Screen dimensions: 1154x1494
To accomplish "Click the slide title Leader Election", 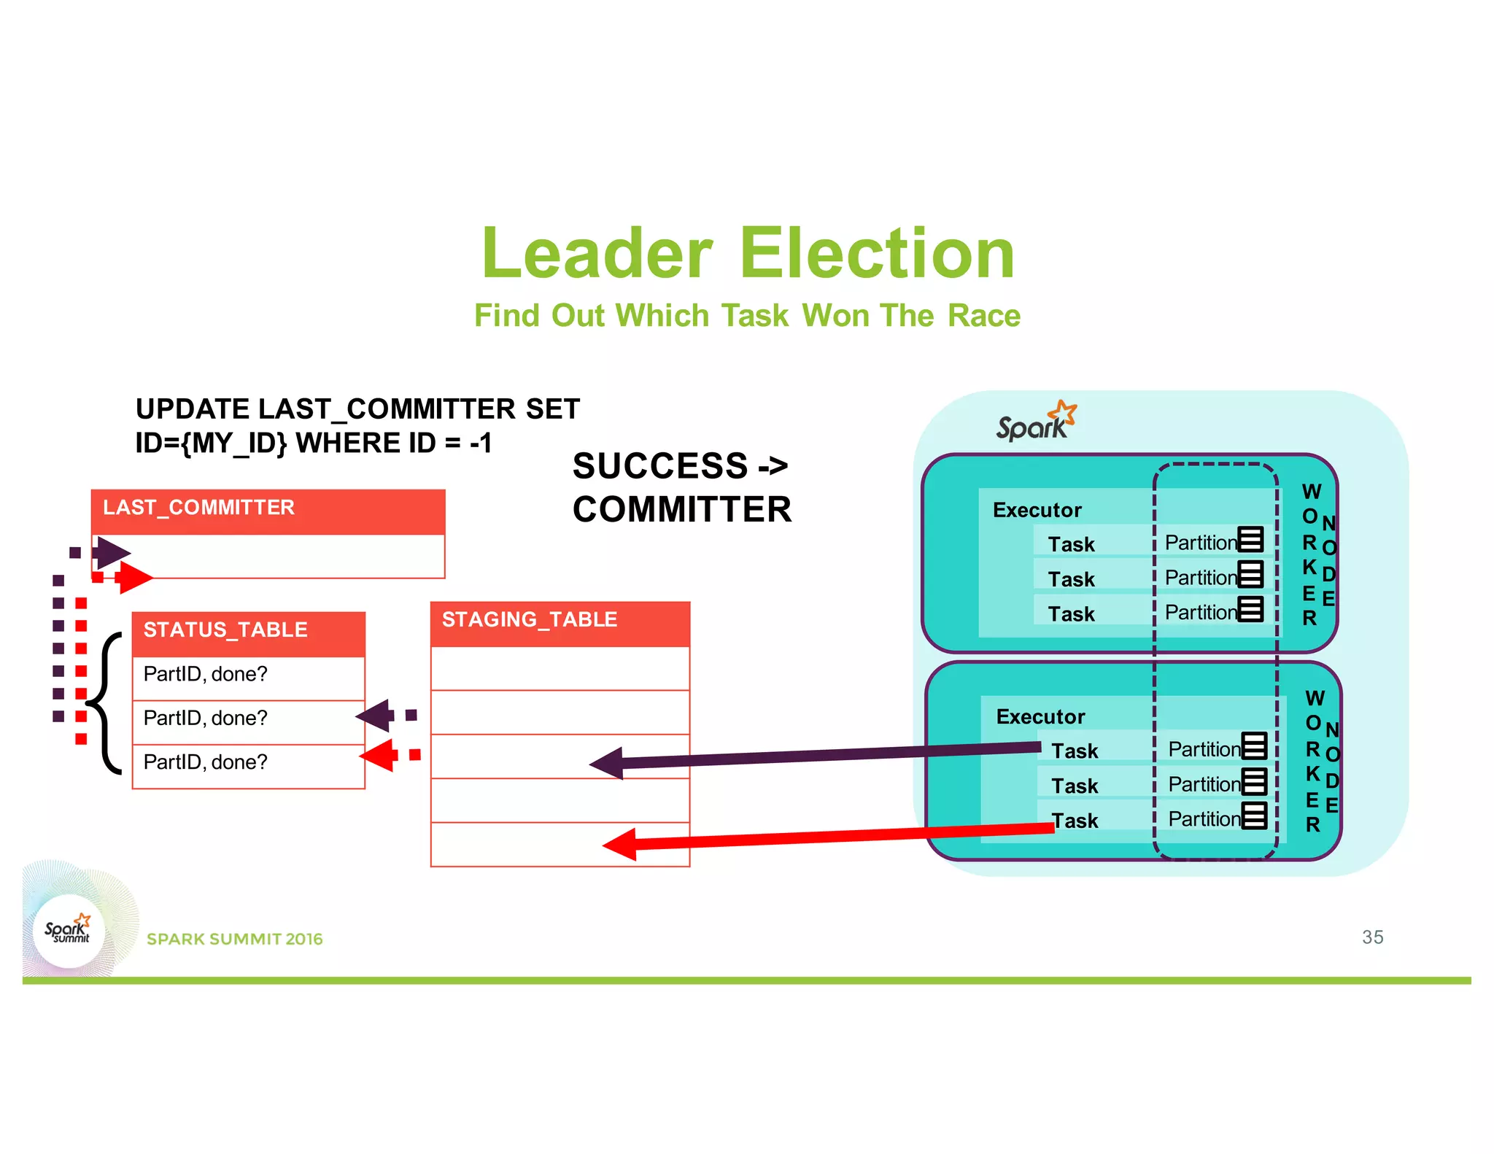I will [748, 253].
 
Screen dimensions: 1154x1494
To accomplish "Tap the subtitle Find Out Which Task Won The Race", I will [747, 316].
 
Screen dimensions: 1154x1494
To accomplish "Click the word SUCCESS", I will [660, 466].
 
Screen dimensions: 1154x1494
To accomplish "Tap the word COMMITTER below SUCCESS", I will [682, 509].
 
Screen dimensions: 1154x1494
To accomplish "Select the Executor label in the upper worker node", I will [1037, 510].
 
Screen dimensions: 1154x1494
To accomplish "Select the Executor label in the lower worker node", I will [1040, 716].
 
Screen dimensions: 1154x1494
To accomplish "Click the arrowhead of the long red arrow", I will [620, 844].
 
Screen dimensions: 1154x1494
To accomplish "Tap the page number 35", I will [1372, 937].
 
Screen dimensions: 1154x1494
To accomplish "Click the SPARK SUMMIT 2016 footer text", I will [234, 939].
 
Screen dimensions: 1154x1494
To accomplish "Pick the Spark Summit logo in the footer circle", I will [69, 931].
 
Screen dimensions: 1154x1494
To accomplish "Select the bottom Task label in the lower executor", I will [1075, 821].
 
